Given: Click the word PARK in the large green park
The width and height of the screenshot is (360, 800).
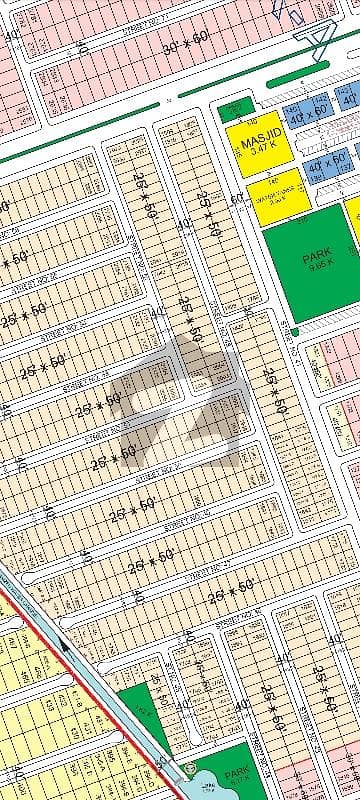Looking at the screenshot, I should [x=316, y=256].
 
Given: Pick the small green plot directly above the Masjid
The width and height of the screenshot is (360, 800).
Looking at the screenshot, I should [x=235, y=111].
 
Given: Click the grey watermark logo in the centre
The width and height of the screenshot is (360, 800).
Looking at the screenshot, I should [x=180, y=400].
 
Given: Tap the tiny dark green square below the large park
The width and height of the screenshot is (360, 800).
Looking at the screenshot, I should [x=294, y=331].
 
